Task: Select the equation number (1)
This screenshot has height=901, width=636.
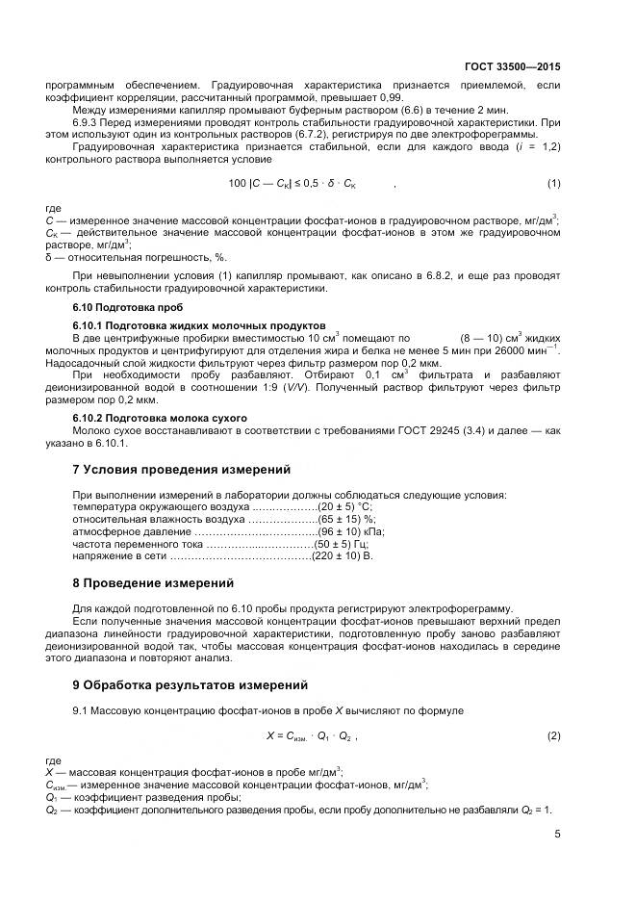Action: click(553, 183)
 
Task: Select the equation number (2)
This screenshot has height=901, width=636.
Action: click(553, 735)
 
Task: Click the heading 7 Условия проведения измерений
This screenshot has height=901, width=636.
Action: click(182, 470)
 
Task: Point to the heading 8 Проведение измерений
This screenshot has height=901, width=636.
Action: click(153, 583)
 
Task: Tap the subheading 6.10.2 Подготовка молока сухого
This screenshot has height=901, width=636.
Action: click(161, 418)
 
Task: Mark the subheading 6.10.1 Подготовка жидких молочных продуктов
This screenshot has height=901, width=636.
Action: click(199, 325)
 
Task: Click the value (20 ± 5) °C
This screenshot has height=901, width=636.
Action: click(344, 506)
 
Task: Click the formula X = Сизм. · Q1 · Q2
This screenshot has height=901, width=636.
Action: click(310, 735)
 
